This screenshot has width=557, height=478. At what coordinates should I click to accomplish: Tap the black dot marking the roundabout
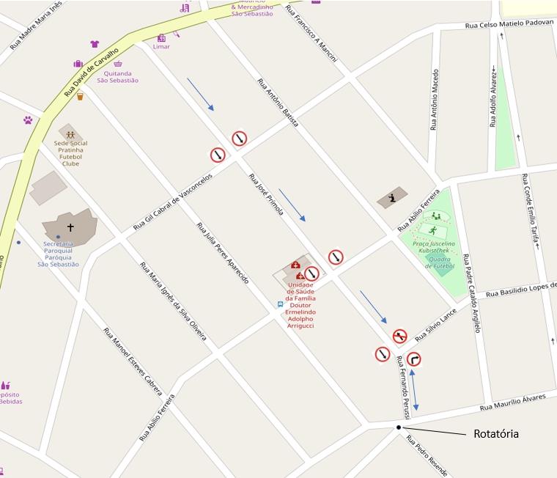pos(399,427)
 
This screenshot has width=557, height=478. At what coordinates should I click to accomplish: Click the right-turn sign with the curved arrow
pos(414,358)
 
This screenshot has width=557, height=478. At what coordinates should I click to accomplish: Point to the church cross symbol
pos(70,228)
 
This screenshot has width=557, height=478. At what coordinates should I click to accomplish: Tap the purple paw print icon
pos(28,119)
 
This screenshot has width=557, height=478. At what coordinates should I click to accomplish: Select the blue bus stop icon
pos(280,304)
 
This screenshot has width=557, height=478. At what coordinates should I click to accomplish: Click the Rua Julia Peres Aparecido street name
pos(223,253)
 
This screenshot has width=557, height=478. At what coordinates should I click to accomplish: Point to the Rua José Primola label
pos(266,194)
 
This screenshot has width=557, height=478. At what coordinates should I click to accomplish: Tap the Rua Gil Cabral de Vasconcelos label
pos(173,202)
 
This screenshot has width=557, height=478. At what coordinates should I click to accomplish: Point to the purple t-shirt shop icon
pos(95,44)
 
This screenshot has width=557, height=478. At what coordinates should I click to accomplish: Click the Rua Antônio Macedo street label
pos(435,100)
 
